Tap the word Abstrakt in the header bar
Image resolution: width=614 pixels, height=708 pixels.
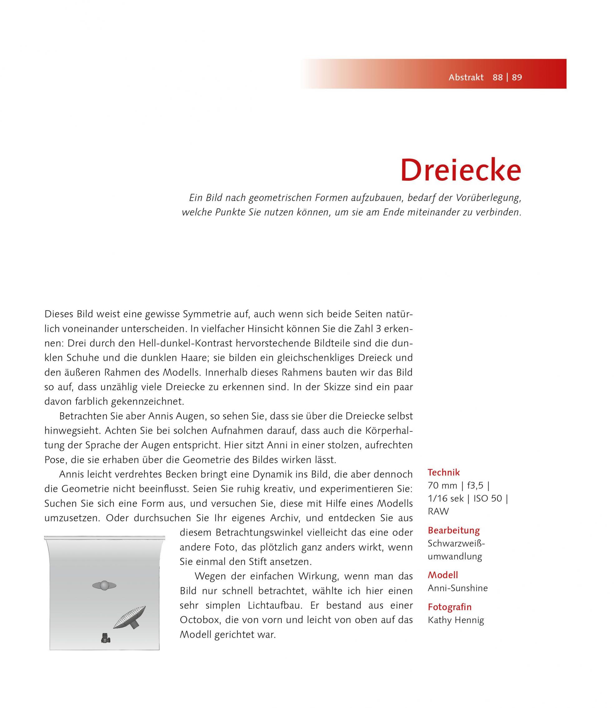coord(466,77)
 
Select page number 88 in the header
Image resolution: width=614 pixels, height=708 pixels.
coord(498,77)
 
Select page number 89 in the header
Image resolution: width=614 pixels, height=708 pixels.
coord(517,77)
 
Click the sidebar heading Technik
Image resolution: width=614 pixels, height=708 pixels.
coord(444,473)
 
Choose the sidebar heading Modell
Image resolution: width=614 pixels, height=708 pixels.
coord(443,575)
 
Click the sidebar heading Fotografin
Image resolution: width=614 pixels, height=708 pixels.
coord(449,607)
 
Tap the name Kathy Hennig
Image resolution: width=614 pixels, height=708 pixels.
coord(456,620)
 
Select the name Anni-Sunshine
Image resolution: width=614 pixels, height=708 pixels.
coord(458,588)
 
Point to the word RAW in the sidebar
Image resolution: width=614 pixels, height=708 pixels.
coord(438,511)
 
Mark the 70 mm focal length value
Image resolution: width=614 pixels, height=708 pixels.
coord(442,486)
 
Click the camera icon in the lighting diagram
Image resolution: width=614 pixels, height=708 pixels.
coord(105,638)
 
